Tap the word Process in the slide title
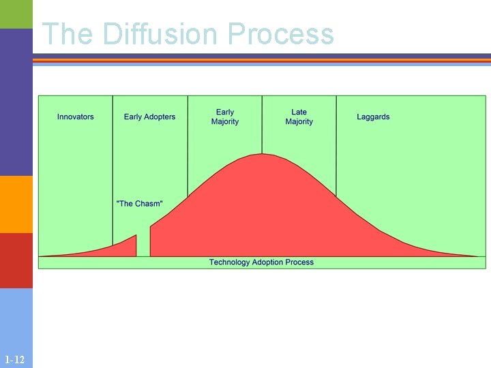(x=281, y=33)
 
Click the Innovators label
(x=76, y=117)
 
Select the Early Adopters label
(x=149, y=117)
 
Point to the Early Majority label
(x=225, y=117)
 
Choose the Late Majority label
(x=299, y=117)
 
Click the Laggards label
(x=373, y=117)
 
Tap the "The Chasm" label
(x=140, y=204)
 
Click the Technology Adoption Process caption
(x=261, y=262)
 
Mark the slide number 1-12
(x=14, y=359)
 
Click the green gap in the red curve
(x=143, y=245)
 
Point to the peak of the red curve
(x=262, y=156)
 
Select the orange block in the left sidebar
(x=16, y=204)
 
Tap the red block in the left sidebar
(x=16, y=260)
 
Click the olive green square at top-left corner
(x=16, y=14)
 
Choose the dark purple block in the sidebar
(x=16, y=102)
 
